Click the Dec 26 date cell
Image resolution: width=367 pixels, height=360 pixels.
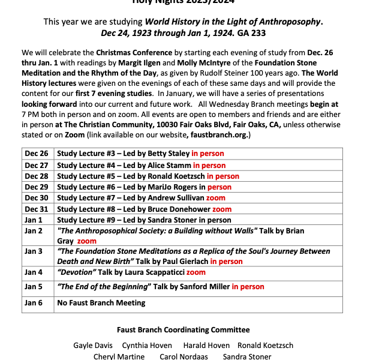click(36, 154)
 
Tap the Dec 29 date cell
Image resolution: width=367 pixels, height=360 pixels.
click(36, 187)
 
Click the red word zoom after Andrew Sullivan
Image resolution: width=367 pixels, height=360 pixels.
click(216, 198)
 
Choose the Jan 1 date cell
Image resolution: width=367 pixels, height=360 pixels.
click(34, 220)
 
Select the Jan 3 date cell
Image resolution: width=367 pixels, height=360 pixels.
click(34, 251)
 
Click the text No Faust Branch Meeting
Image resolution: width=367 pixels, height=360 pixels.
click(101, 303)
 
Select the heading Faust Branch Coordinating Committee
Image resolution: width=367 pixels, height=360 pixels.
click(183, 330)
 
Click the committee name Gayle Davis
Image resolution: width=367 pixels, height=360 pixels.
click(92, 346)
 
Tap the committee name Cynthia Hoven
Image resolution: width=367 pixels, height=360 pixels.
click(147, 346)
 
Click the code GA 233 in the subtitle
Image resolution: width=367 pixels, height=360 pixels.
click(251, 32)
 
